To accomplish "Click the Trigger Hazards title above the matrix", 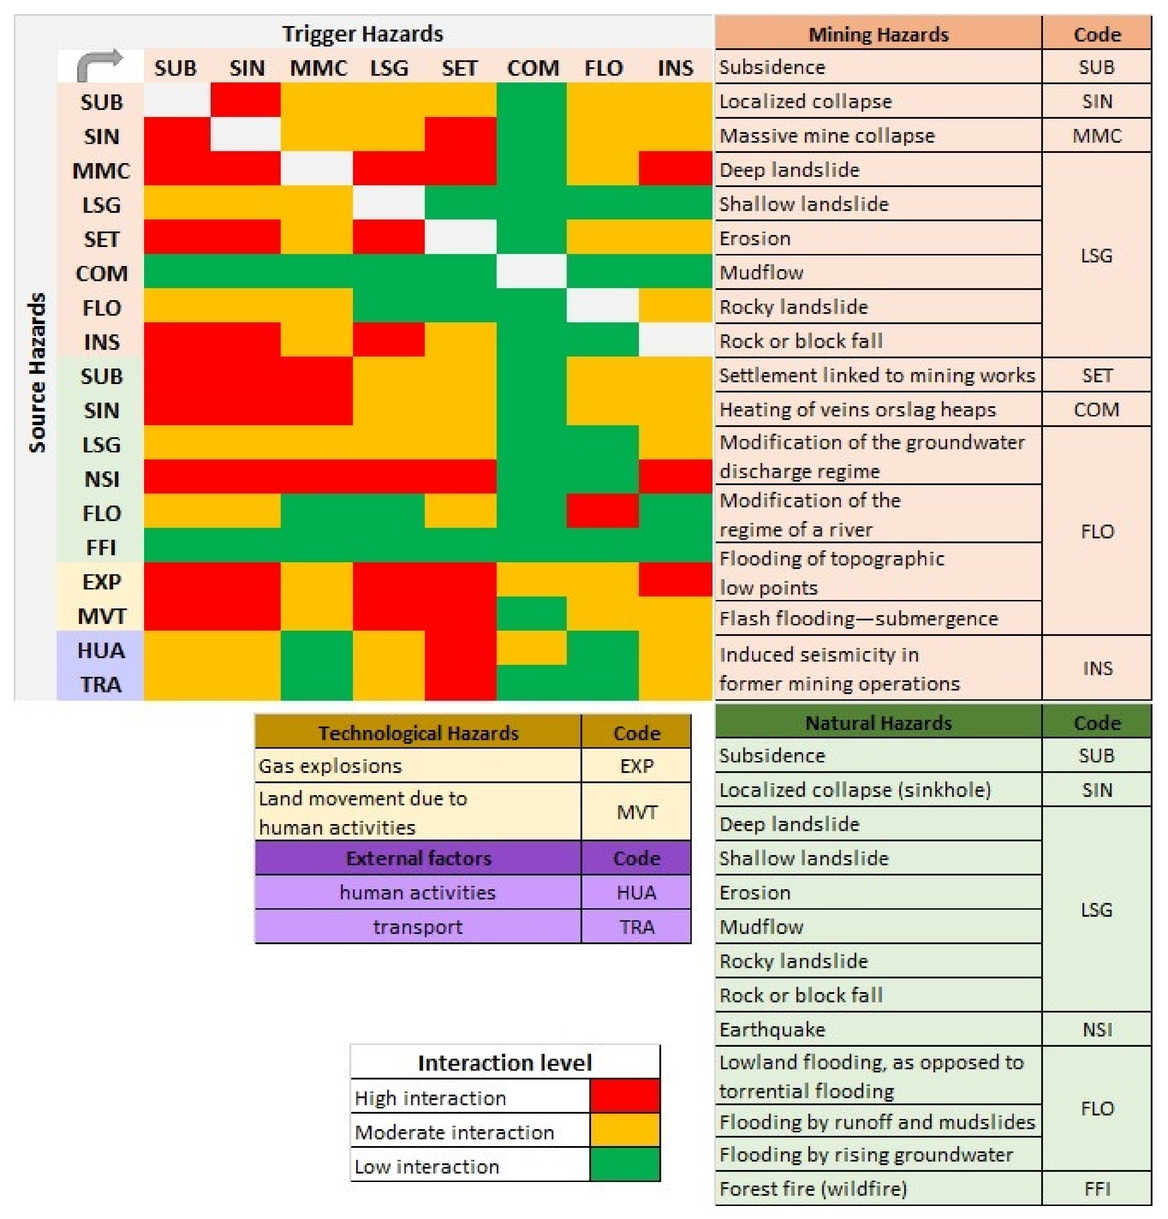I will click(362, 33).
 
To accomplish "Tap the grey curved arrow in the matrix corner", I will click(100, 65).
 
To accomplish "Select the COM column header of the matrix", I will click(532, 68).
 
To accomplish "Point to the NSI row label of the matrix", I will click(101, 479).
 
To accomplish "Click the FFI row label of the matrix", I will click(101, 547).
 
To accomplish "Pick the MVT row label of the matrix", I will click(101, 616).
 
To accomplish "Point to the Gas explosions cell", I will click(330, 766).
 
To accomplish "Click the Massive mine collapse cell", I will click(827, 136).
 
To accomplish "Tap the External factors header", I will click(418, 858).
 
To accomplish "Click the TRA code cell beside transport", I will click(636, 927).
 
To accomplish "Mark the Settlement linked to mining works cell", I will click(877, 375).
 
